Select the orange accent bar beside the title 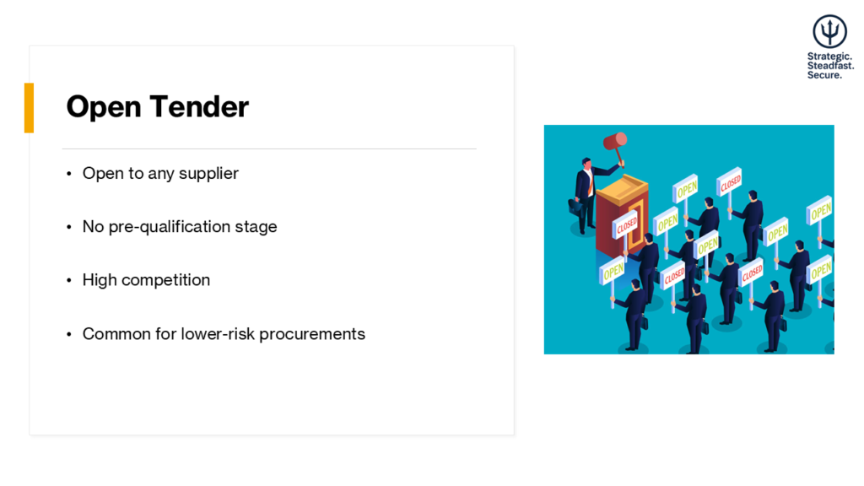(x=29, y=108)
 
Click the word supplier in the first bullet (x=208, y=174)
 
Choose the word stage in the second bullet (x=256, y=227)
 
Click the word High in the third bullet (x=99, y=280)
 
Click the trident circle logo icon (x=829, y=31)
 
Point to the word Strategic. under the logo (x=829, y=57)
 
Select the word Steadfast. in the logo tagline (x=830, y=66)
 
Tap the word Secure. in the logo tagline (x=824, y=75)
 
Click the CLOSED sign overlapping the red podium (x=626, y=225)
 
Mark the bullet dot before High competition (x=69, y=281)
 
